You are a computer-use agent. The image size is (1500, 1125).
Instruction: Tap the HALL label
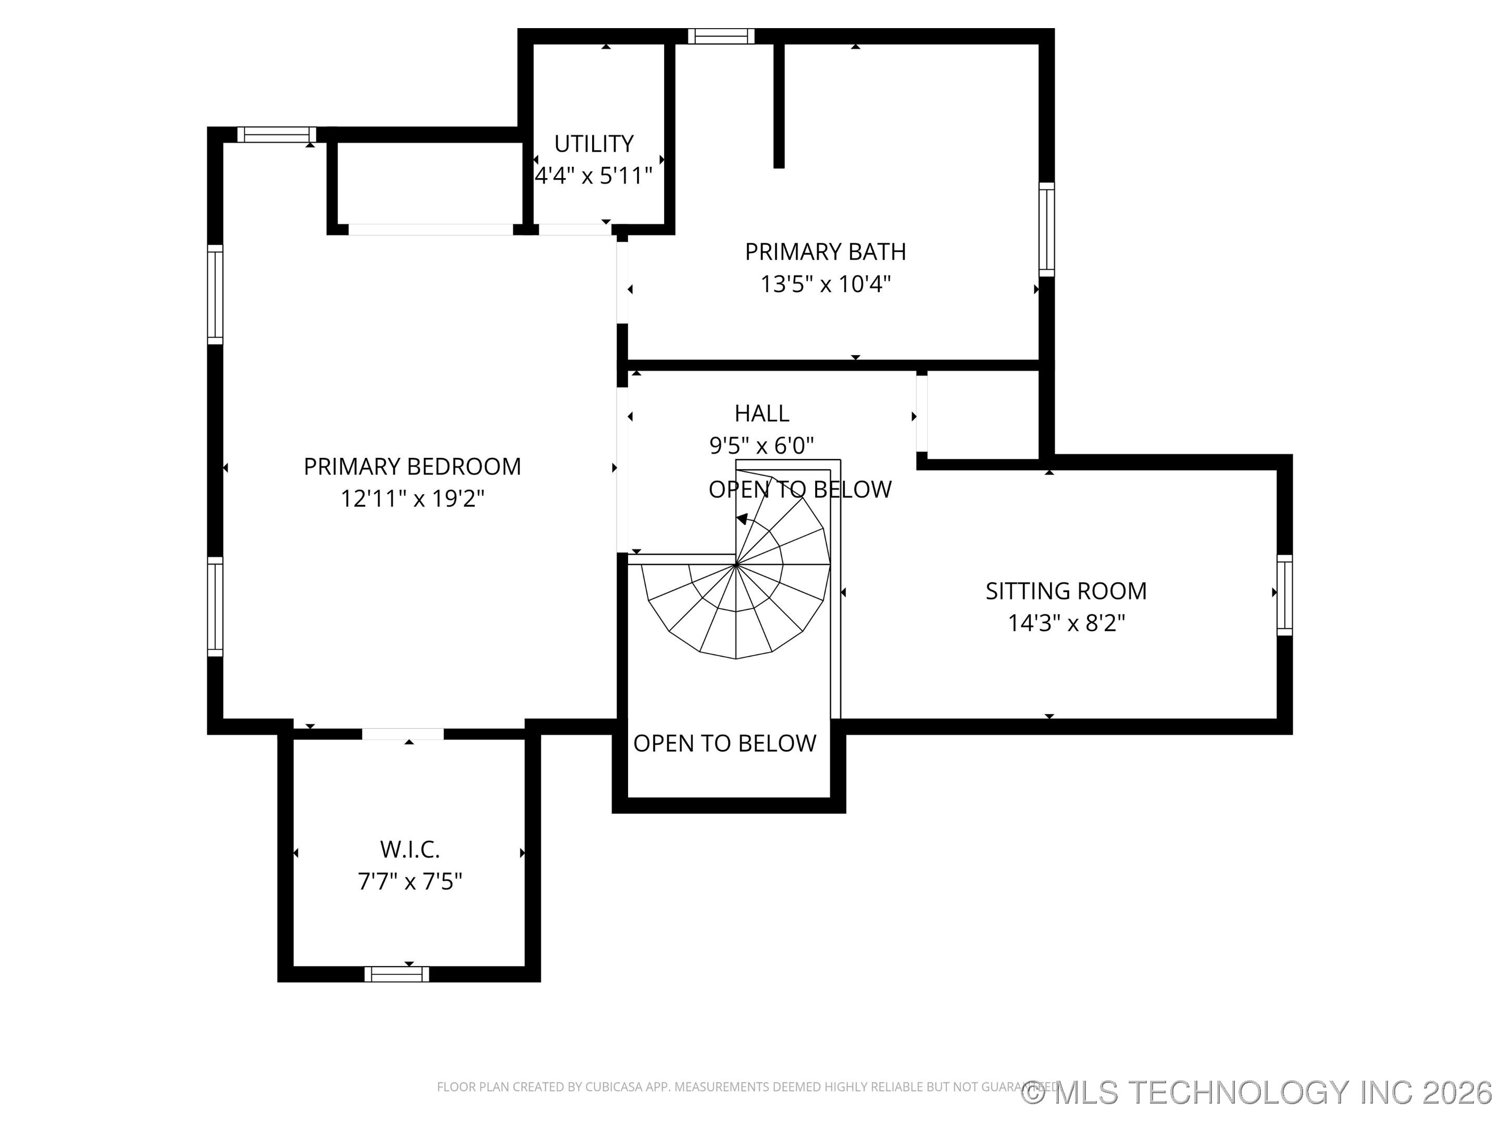[761, 413]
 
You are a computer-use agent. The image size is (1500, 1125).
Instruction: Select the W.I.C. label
[409, 849]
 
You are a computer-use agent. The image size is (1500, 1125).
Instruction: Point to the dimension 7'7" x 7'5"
[409, 882]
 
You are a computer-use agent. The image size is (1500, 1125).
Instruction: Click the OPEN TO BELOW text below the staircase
[724, 743]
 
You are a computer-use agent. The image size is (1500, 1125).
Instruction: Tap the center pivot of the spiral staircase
[736, 564]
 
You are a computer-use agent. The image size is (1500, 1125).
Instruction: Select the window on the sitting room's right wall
[1284, 595]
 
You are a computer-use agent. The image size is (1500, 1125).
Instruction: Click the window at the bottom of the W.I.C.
[397, 974]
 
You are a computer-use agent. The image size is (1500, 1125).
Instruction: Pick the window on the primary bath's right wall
[1046, 229]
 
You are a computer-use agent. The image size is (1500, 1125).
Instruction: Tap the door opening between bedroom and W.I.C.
[403, 734]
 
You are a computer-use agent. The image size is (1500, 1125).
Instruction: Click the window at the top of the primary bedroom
[276, 134]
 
